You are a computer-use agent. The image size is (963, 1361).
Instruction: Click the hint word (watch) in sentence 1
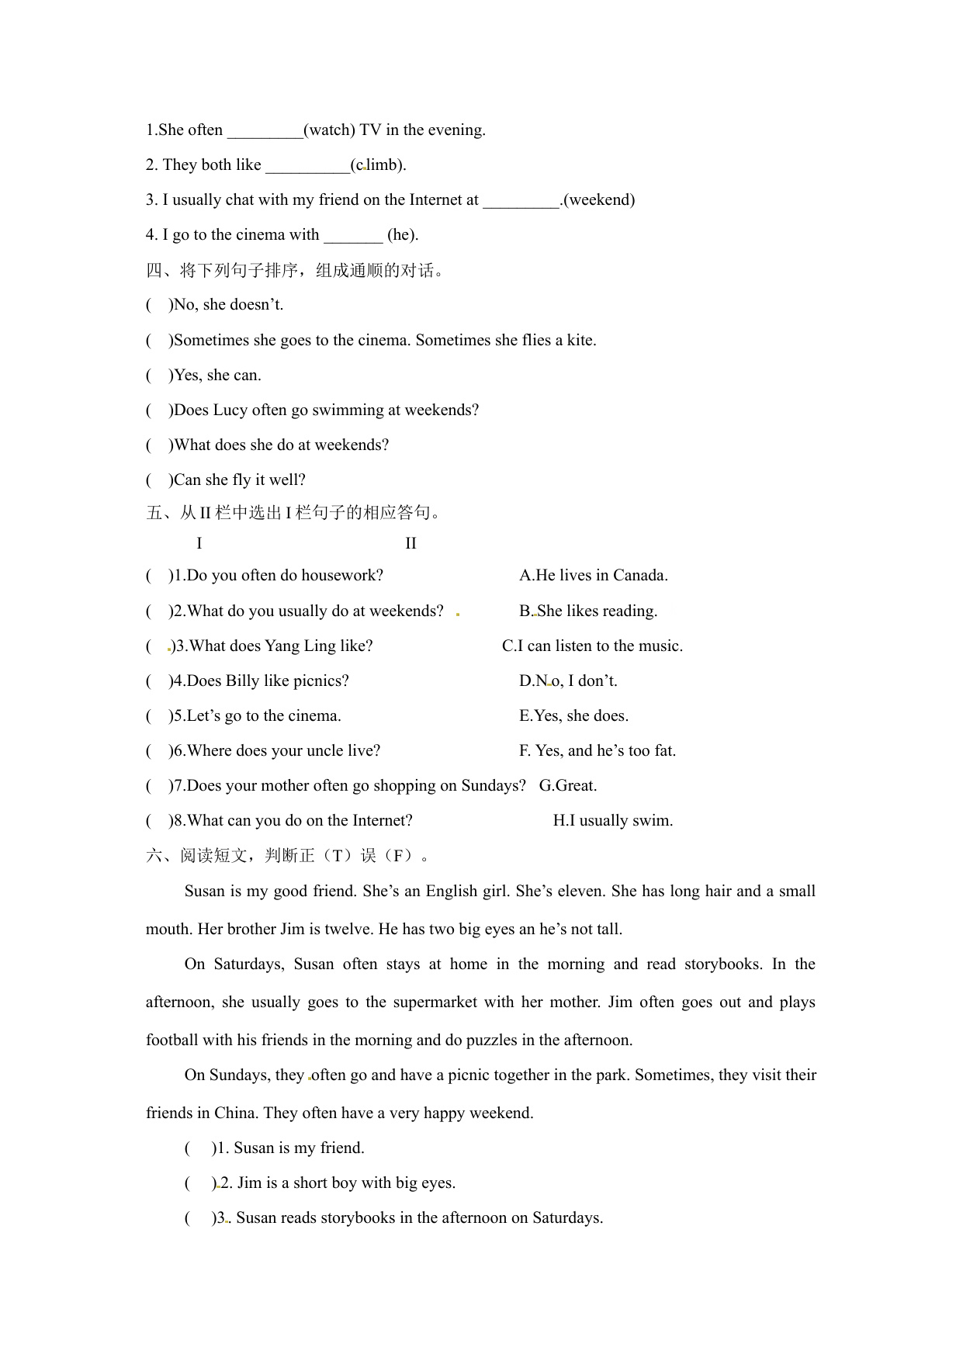click(329, 130)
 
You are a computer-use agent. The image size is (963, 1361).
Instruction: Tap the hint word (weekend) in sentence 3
click(599, 200)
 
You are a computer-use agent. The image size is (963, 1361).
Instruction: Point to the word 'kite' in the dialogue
click(580, 340)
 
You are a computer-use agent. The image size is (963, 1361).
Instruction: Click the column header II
click(410, 544)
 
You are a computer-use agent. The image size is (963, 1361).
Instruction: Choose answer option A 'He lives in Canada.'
click(593, 576)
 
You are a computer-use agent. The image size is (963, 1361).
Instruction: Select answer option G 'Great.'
click(568, 786)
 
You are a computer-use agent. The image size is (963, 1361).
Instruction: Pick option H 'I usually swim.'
click(612, 821)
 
